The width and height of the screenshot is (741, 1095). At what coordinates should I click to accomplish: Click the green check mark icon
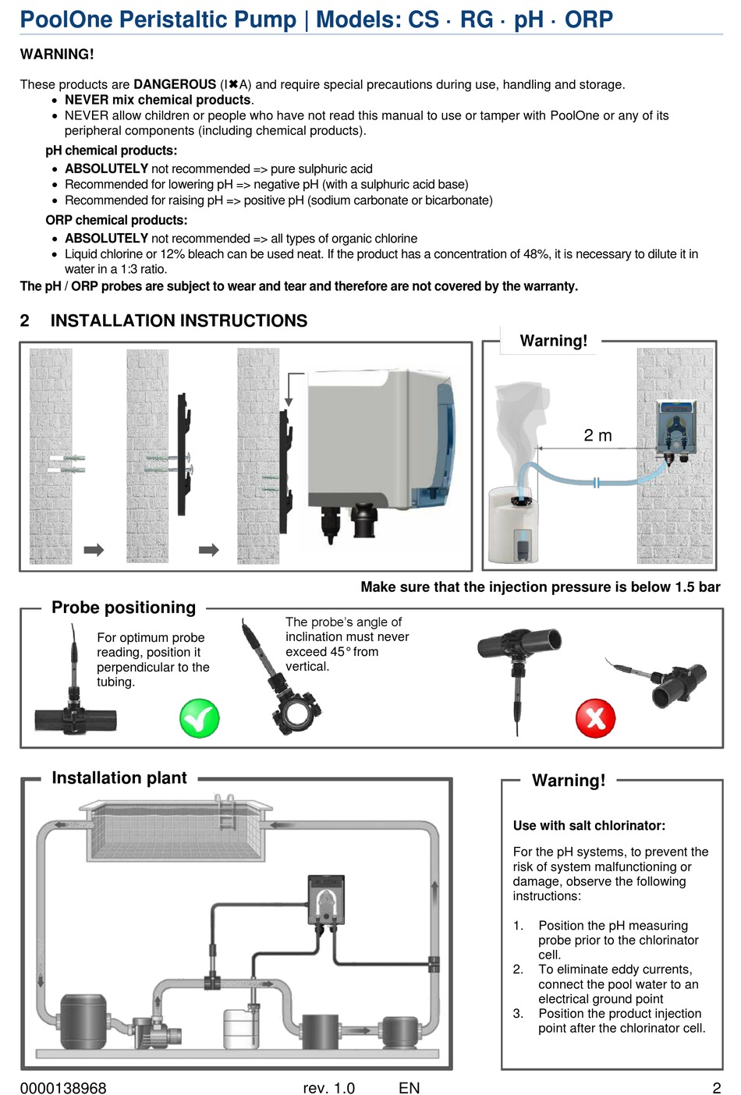point(199,718)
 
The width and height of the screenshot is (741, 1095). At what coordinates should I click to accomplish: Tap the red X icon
point(595,718)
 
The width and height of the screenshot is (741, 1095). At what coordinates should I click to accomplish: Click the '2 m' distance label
point(597,436)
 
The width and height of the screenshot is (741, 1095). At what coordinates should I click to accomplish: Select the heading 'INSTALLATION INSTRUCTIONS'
point(179,321)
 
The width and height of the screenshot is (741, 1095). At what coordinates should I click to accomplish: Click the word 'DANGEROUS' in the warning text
point(175,84)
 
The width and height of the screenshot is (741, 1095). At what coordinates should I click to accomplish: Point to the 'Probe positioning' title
point(123,608)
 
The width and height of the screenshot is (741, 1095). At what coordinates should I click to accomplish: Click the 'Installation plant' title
point(119,778)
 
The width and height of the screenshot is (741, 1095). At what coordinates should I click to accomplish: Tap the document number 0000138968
point(63,1088)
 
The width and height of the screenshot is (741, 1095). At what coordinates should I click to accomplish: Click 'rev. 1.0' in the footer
point(328,1088)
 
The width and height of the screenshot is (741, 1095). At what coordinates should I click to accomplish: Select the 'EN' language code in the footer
point(409,1088)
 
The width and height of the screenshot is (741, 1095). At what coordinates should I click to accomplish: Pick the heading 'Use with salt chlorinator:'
point(589,826)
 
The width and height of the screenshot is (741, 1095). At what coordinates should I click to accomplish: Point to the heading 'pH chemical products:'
point(111,151)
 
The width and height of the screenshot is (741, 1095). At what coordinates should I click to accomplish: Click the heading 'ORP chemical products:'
point(116,221)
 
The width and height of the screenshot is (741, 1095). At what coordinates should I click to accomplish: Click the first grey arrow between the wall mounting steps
point(94,550)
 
